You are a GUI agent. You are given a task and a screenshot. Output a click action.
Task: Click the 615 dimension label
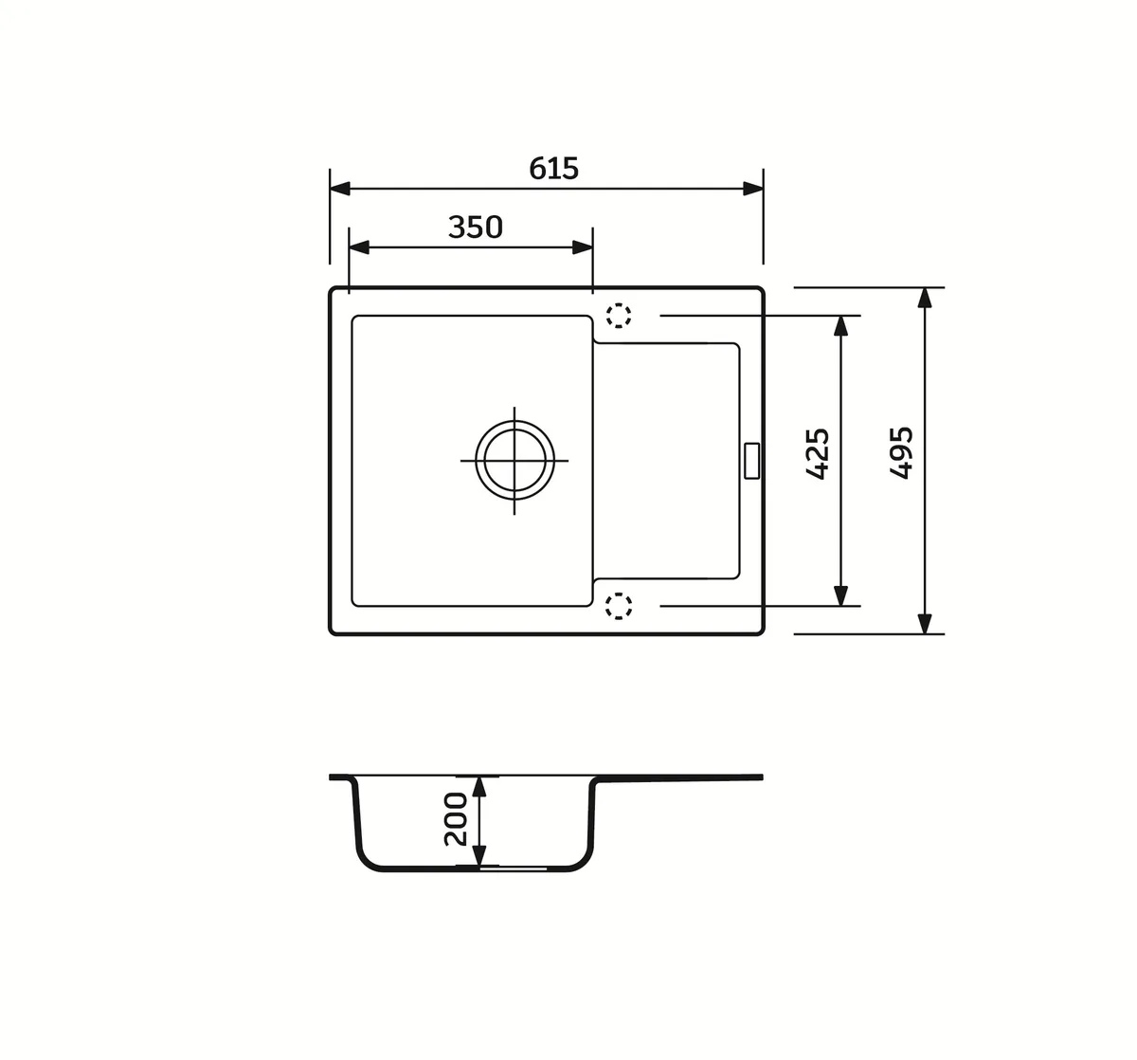pos(553,169)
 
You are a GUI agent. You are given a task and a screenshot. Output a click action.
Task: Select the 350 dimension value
pos(476,227)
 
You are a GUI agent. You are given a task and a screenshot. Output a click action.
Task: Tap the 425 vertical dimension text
pos(818,453)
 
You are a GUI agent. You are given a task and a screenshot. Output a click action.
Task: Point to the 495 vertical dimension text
pos(901,452)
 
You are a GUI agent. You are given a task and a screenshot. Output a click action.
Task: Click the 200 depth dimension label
pos(456,819)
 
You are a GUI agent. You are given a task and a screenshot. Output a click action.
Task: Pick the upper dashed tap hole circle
pos(619,315)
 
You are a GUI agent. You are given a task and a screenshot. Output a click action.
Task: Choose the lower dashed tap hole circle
pos(619,606)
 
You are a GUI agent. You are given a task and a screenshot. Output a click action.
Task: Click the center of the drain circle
pos(514,460)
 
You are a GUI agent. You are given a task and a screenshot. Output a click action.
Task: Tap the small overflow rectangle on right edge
pos(751,461)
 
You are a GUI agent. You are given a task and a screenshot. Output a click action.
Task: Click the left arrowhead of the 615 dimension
pos(339,189)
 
